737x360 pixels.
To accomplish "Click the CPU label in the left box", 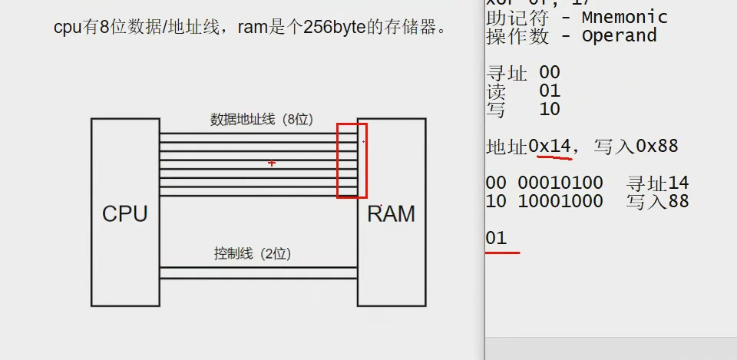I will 124,213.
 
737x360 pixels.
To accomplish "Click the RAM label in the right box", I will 391,213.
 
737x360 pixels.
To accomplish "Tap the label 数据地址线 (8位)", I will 261,120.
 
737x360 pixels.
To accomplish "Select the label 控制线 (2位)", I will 253,253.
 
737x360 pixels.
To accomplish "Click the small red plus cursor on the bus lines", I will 272,163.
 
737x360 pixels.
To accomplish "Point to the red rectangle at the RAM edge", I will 352,160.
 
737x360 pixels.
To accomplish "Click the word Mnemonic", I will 624,17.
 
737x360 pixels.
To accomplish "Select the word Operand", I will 619,35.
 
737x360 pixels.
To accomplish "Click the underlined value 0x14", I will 550,146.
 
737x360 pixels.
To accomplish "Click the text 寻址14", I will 657,183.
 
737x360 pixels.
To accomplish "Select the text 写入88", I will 657,201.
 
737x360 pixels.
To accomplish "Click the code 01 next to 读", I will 550,91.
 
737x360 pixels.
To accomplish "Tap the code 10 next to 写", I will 550,109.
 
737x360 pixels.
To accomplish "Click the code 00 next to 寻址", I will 550,73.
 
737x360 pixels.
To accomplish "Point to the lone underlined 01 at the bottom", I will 497,238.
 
